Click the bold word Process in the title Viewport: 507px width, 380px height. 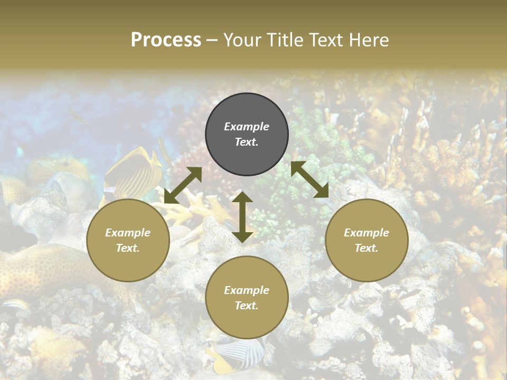[166, 40]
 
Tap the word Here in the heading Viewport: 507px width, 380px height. [370, 40]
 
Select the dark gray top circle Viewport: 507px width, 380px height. [247, 135]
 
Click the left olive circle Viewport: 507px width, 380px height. [128, 241]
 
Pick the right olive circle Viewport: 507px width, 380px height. [367, 241]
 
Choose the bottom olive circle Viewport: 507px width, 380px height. [247, 298]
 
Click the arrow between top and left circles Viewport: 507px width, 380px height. [183, 185]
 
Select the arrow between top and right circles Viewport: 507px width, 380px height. [310, 179]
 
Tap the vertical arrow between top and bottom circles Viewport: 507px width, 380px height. [242, 217]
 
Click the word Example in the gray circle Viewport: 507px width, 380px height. [247, 127]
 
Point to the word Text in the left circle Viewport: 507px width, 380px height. [128, 248]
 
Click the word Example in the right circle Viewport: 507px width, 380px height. [367, 233]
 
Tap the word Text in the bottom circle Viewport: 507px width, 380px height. [247, 306]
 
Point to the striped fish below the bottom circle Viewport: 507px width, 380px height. [240, 351]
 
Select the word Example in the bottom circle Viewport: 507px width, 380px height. [247, 290]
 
